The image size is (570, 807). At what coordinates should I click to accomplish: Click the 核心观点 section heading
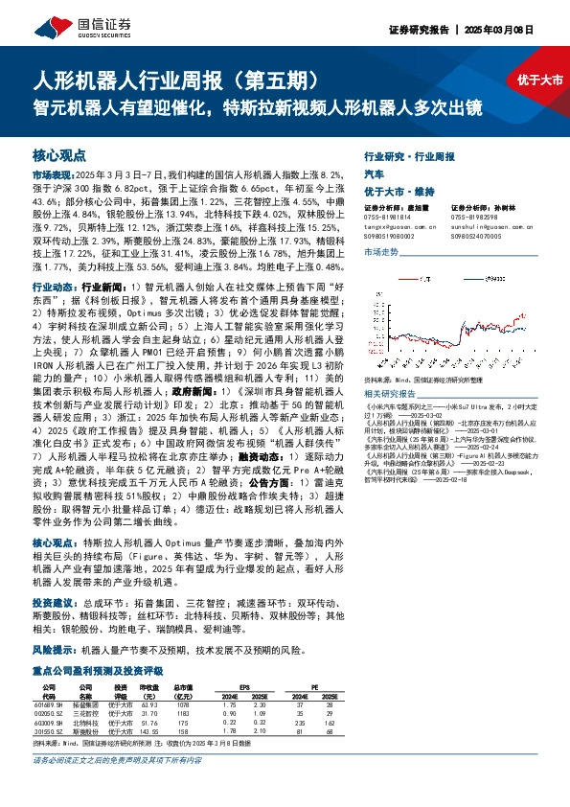tap(59, 155)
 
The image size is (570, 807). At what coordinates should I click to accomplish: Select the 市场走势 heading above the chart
tap(380, 251)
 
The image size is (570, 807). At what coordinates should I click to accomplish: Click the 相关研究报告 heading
tap(387, 393)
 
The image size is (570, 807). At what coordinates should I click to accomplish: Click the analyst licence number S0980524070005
tap(474, 233)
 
